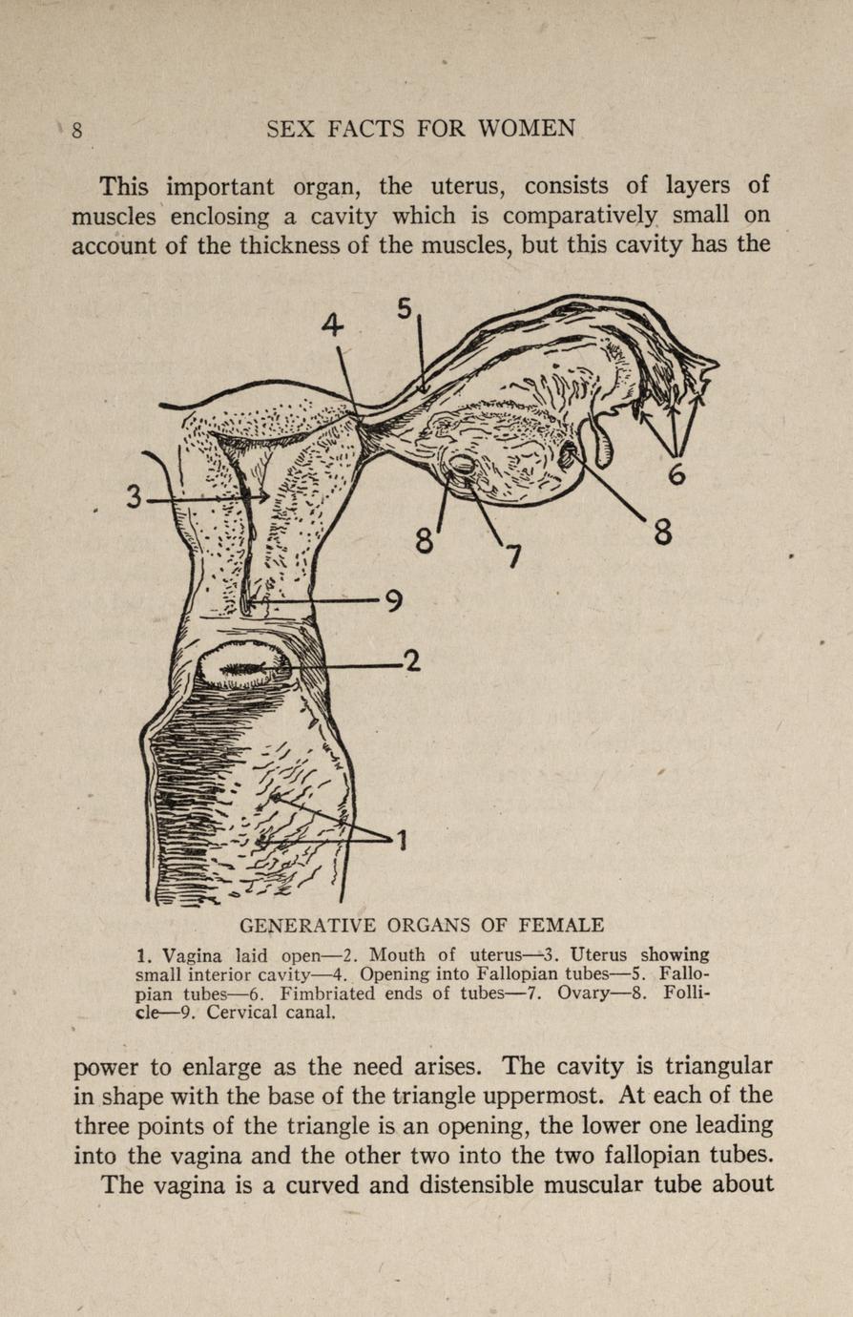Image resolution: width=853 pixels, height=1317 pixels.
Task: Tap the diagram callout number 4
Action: (x=331, y=325)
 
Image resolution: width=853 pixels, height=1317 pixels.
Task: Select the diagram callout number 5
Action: (x=405, y=308)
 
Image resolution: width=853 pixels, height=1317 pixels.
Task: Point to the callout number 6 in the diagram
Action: (x=676, y=472)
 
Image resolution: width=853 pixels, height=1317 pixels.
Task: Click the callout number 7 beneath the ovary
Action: (x=512, y=555)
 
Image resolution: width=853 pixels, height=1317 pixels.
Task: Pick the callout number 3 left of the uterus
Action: (x=135, y=496)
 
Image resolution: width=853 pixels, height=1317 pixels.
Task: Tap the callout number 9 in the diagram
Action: (x=392, y=601)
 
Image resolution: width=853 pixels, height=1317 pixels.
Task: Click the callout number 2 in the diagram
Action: (x=411, y=660)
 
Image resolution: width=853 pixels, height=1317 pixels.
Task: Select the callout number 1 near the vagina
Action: (x=403, y=840)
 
